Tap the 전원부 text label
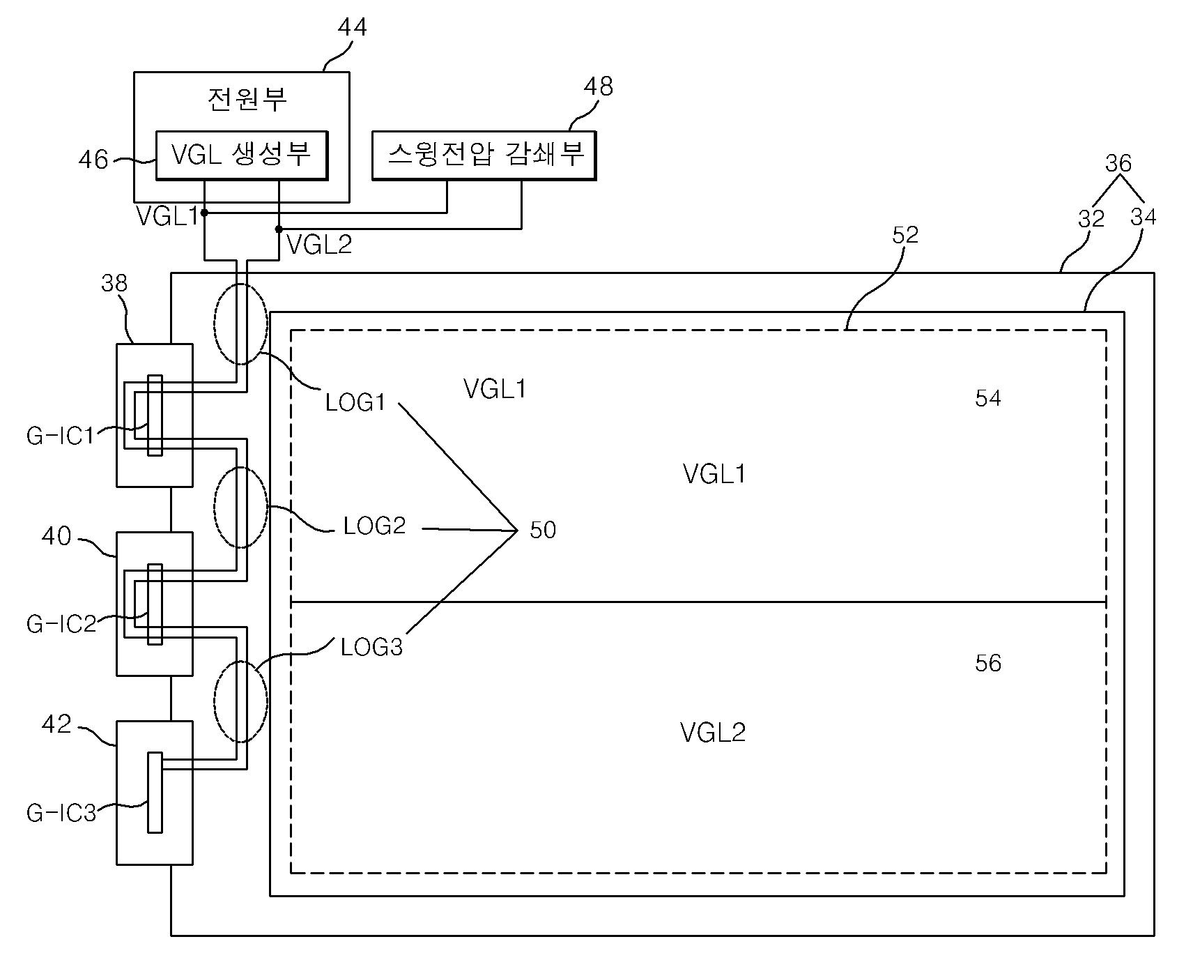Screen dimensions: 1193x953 (247, 99)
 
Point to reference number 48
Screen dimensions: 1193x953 (599, 86)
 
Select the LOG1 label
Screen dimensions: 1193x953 (355, 402)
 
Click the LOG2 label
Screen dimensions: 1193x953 (374, 526)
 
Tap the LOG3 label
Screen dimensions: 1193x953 (371, 648)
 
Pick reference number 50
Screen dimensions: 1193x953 (543, 530)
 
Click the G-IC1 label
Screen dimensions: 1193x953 (60, 436)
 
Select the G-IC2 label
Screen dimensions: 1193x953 (61, 623)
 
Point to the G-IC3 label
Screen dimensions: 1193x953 (61, 813)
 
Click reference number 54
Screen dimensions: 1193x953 (988, 399)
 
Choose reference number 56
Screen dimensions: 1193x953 (988, 663)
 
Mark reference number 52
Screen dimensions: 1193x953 (905, 235)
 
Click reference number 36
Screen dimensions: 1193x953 (1118, 163)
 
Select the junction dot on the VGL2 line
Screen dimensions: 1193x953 (279, 229)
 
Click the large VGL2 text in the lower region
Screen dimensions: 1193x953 (713, 733)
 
